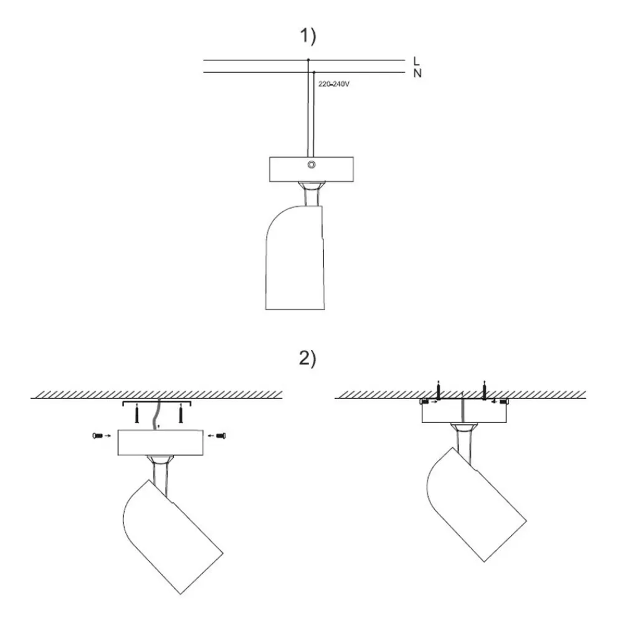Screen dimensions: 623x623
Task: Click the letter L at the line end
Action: tap(416, 60)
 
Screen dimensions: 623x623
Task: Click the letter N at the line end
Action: tap(416, 73)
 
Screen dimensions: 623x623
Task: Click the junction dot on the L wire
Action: tap(308, 60)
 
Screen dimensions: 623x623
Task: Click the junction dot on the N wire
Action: tap(313, 72)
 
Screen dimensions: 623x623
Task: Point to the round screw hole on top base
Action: tap(311, 165)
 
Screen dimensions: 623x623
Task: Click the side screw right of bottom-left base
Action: tap(220, 437)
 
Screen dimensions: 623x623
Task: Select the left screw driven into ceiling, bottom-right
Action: tap(439, 391)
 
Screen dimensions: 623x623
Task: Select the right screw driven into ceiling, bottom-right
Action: tap(484, 391)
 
